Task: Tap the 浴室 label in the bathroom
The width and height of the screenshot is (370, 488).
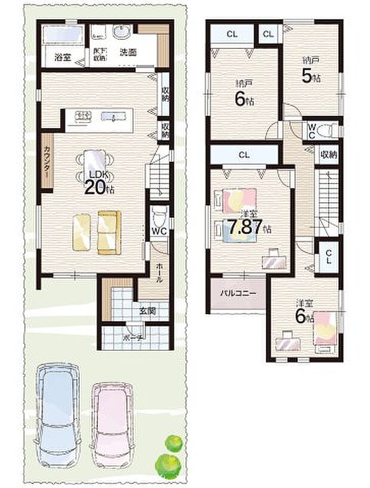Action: click(x=63, y=58)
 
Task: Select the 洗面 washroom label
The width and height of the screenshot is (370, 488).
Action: click(x=128, y=52)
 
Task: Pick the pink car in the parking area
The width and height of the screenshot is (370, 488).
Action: click(x=111, y=419)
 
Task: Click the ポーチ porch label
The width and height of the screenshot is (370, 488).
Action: click(x=131, y=337)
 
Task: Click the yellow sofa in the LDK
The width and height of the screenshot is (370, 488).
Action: click(x=96, y=231)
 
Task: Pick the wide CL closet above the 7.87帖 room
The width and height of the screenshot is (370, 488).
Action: click(x=243, y=155)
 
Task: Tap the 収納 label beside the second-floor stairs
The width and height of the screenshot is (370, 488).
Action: click(x=329, y=154)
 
